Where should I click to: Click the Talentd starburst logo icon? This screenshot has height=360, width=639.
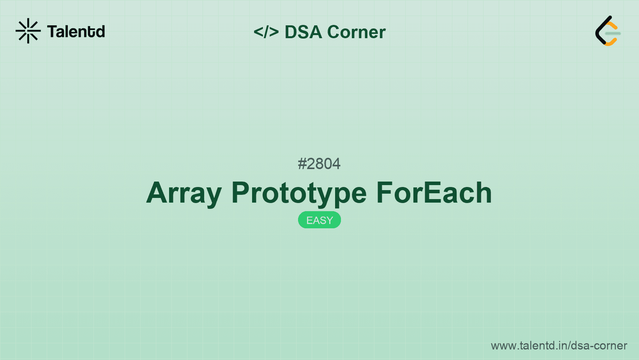(28, 31)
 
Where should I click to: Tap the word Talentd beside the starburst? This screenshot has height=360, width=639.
(76, 32)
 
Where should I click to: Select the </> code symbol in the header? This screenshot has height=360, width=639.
(266, 32)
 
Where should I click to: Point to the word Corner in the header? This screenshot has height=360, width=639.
(356, 32)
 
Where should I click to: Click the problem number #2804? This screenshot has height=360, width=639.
(319, 164)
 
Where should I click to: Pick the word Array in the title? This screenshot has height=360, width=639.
(184, 193)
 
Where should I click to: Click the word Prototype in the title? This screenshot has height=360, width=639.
(299, 193)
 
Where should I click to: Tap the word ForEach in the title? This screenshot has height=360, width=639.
(434, 193)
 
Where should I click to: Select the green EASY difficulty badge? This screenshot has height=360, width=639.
(319, 220)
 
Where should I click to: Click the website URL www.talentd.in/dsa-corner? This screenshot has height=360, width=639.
(559, 346)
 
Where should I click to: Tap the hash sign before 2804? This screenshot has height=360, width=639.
(302, 164)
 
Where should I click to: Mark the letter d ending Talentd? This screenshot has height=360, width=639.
(101, 32)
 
